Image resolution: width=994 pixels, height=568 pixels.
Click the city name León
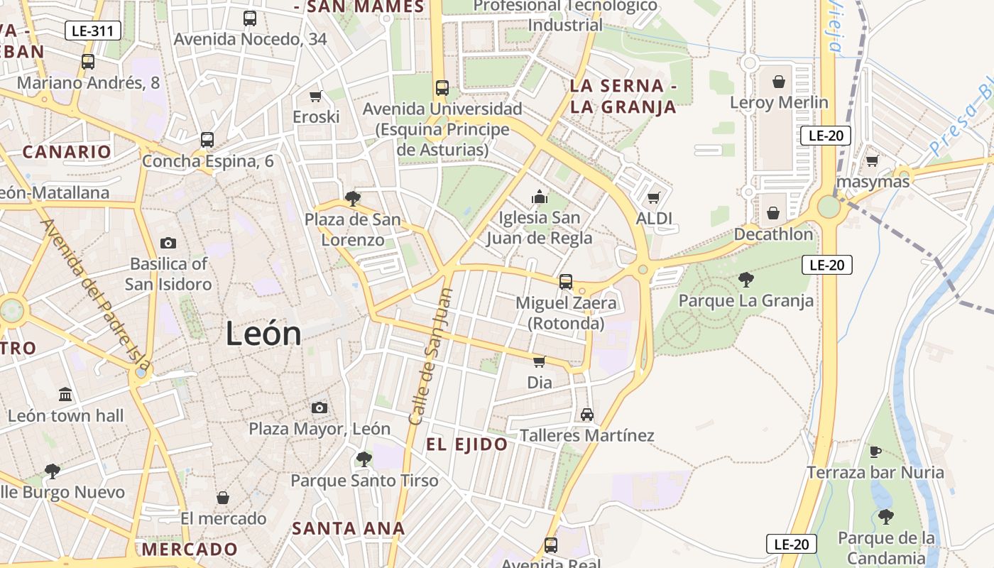[x=263, y=334]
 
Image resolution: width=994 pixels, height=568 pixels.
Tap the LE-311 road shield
[x=93, y=31]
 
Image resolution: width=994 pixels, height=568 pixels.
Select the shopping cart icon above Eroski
[x=316, y=96]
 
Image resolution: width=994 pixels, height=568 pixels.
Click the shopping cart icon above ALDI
[x=654, y=197]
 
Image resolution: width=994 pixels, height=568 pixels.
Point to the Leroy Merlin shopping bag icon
[x=779, y=82]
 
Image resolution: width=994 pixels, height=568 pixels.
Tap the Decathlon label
[x=773, y=234]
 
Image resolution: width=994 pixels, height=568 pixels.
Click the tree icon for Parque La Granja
[x=745, y=280]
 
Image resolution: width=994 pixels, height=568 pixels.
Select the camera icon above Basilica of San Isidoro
[x=168, y=243]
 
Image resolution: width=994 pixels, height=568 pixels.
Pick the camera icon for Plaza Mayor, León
[x=319, y=408]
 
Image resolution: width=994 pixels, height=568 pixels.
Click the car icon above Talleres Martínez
[x=586, y=415]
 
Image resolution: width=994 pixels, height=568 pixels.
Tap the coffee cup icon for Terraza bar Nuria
[x=875, y=452]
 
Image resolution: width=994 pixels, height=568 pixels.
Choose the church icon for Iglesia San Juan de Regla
[x=540, y=197]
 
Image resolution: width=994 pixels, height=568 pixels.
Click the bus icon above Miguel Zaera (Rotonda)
[x=566, y=282]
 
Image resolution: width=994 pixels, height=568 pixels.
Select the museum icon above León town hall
[x=65, y=394]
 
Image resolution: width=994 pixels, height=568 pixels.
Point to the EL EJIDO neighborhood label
[x=466, y=445]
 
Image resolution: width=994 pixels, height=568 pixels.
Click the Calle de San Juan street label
[x=430, y=356]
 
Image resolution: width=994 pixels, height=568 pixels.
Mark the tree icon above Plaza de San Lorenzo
[x=352, y=199]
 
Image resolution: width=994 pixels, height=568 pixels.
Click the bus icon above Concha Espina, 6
[x=207, y=140]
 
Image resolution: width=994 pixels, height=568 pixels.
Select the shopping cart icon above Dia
[x=540, y=362]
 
